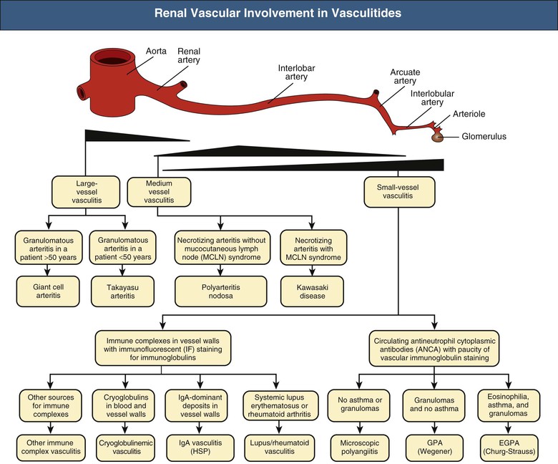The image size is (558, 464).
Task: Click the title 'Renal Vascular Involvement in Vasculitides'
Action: click(278, 14)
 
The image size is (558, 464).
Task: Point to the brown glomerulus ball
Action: click(436, 136)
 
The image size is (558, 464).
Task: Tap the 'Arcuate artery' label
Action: click(406, 76)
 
